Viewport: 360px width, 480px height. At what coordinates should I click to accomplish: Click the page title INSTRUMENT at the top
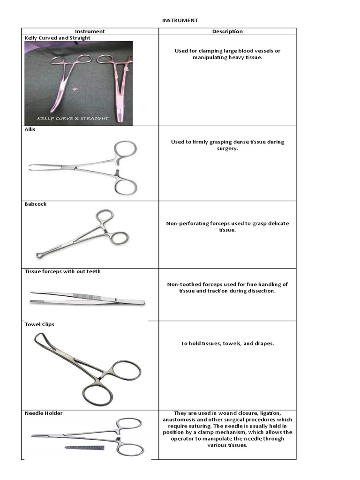tap(180, 21)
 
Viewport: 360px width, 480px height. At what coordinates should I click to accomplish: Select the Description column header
tap(227, 31)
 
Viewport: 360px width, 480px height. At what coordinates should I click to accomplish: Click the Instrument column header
tap(90, 31)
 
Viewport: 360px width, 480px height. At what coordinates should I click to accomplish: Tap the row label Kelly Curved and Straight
tap(57, 38)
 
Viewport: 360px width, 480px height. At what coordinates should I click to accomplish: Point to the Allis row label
tap(30, 130)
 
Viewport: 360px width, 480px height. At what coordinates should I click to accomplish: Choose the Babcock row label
tap(36, 204)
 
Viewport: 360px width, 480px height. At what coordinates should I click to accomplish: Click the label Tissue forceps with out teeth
tap(62, 271)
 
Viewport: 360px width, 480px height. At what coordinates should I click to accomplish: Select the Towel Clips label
tap(39, 324)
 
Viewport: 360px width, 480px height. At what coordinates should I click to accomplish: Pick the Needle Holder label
tap(44, 413)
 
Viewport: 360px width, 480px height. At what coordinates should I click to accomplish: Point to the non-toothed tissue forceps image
tap(87, 298)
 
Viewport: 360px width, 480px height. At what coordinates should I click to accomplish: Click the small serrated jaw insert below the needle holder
tap(84, 448)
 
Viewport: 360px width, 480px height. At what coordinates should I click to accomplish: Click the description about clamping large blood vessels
tap(227, 54)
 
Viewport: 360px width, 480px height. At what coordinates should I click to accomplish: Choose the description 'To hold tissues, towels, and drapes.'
tap(227, 344)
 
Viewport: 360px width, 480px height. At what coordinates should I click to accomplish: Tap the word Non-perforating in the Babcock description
tap(188, 224)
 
